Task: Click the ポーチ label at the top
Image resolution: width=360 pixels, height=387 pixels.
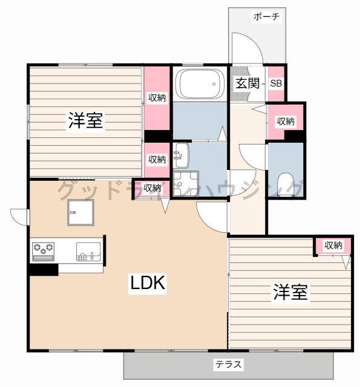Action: (266, 17)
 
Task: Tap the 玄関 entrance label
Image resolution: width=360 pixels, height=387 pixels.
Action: (246, 83)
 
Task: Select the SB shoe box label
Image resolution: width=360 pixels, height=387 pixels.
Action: (276, 83)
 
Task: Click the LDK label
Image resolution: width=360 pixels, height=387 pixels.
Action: (147, 283)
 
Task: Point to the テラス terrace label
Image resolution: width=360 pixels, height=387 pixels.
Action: (228, 365)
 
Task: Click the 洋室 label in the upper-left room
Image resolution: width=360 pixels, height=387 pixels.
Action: (85, 120)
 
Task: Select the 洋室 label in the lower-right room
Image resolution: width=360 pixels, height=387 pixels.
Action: (290, 293)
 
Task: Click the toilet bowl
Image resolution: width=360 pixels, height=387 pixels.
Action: (284, 182)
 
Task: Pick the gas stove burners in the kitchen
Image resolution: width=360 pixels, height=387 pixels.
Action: (43, 248)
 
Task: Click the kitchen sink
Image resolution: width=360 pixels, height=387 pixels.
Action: (88, 250)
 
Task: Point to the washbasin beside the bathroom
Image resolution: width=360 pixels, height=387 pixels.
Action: (181, 157)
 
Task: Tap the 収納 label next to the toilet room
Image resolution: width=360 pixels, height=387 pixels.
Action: (286, 122)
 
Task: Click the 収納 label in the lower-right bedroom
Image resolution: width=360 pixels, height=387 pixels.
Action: (333, 245)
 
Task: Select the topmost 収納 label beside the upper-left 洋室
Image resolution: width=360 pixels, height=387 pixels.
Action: (157, 97)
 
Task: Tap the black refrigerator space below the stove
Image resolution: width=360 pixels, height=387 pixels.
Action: (43, 269)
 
